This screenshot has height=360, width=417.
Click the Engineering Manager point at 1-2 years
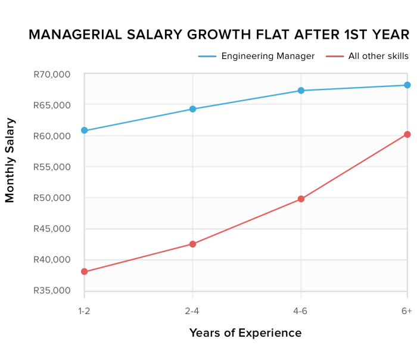[85, 131]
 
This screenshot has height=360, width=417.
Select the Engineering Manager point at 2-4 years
[192, 109]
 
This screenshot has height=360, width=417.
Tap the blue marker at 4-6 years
[301, 91]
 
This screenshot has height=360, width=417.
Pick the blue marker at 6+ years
[407, 85]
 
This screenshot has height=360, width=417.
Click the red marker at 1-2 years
[85, 272]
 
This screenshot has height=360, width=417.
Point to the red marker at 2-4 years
[192, 244]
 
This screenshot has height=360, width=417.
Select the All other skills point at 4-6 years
[301, 199]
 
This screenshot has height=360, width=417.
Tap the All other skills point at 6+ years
[407, 135]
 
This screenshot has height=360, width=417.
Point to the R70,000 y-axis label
[52, 75]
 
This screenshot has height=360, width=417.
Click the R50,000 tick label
[52, 198]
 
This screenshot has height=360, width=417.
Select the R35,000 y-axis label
[52, 291]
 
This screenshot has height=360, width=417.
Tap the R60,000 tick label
[52, 136]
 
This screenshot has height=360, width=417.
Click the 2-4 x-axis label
[192, 312]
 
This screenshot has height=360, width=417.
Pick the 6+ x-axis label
[406, 312]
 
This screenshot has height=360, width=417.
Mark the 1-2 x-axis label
[85, 312]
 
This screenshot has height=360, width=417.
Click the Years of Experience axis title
[245, 333]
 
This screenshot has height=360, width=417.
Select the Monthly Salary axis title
[10, 160]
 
